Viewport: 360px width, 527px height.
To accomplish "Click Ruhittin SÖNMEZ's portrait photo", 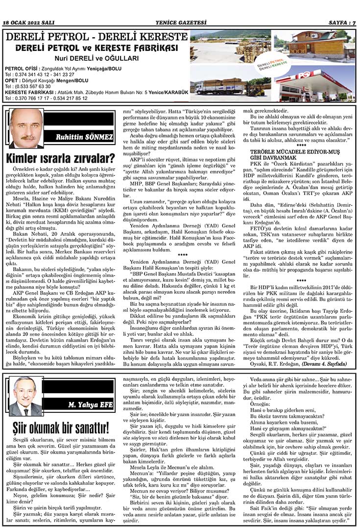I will tap(26, 128).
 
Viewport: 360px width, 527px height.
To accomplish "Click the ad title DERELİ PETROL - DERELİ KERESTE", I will tap(96, 38).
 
